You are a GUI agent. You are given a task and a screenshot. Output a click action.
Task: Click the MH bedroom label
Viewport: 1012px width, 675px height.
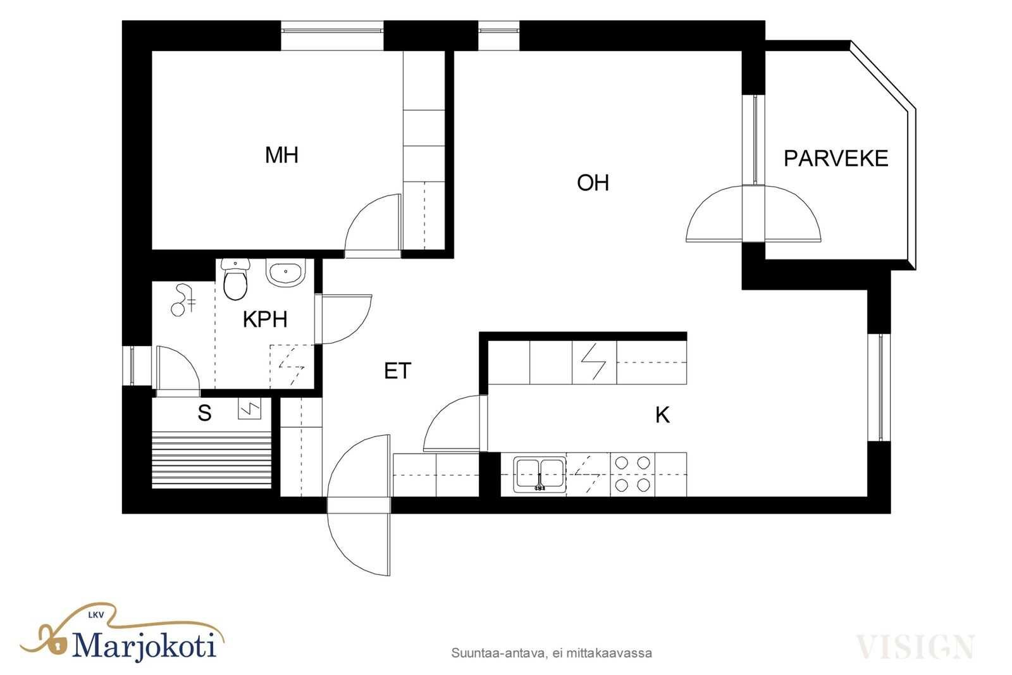[281, 156]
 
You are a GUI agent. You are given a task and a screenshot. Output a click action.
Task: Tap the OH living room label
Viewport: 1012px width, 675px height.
[593, 183]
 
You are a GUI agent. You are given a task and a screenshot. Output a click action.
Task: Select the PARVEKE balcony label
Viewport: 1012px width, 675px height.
[836, 159]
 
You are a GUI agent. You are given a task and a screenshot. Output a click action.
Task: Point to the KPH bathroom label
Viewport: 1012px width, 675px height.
[265, 319]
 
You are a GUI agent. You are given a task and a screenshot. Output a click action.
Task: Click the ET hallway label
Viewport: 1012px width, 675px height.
[398, 371]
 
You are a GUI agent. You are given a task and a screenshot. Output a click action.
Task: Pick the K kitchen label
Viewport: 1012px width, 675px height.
[662, 415]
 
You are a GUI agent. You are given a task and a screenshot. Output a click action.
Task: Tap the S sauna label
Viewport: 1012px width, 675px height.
[205, 413]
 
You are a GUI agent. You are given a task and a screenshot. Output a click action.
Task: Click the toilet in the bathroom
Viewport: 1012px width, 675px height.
[235, 279]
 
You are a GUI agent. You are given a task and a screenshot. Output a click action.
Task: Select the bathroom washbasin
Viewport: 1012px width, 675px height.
[285, 273]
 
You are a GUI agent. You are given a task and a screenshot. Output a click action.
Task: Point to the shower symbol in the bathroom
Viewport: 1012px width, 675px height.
[183, 300]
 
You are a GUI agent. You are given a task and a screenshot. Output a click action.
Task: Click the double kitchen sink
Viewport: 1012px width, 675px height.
[540, 474]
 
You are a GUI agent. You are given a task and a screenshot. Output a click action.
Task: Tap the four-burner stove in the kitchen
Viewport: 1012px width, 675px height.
[632, 474]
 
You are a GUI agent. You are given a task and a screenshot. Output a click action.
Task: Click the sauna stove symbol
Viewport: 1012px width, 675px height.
[249, 409]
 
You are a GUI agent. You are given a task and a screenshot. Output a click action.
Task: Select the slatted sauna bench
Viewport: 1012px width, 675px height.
[211, 460]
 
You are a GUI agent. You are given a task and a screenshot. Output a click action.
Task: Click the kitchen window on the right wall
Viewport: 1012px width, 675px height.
[879, 387]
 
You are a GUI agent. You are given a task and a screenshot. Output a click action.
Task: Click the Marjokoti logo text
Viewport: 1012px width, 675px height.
[144, 645]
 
